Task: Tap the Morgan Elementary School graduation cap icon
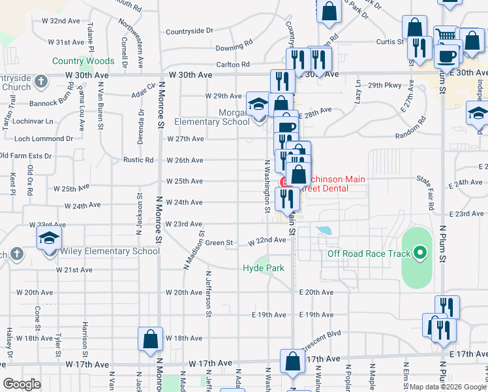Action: tap(258, 105)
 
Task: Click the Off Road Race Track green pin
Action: tap(420, 253)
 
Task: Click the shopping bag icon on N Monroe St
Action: tap(150, 339)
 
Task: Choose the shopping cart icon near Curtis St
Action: tap(446, 36)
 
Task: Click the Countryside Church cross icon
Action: tap(41, 82)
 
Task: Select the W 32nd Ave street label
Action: tap(65, 22)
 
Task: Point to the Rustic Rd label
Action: tap(138, 160)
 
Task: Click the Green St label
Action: tap(219, 243)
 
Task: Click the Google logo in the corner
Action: tap(22, 384)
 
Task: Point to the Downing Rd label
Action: tap(234, 47)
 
